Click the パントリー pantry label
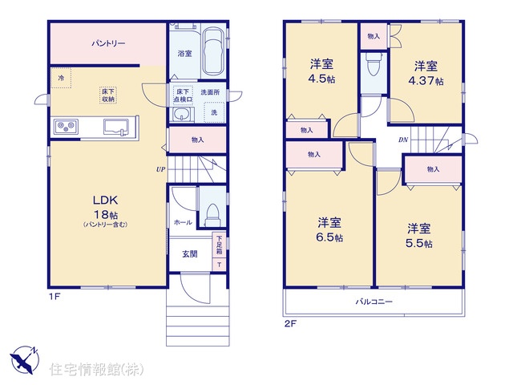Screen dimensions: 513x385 point(108,43)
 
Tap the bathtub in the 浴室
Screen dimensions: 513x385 point(213,51)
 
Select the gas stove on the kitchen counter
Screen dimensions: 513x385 point(67,126)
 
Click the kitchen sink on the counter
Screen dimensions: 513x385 point(116,127)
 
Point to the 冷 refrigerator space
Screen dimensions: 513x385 point(61,78)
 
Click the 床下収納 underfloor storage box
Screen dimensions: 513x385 point(108,95)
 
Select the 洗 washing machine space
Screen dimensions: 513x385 point(214,112)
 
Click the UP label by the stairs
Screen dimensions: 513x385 point(160,169)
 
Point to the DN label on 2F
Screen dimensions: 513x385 point(403,140)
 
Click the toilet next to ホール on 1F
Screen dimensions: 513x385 point(212,214)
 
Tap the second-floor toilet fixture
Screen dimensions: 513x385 point(374,64)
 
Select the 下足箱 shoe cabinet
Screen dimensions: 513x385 point(219,245)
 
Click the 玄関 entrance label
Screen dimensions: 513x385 point(190,254)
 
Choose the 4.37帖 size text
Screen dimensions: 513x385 point(426,80)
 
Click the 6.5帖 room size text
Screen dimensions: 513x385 point(329,237)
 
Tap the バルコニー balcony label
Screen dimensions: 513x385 point(374,302)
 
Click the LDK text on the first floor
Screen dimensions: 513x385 point(105,200)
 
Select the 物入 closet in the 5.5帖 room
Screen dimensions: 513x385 point(433,170)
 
